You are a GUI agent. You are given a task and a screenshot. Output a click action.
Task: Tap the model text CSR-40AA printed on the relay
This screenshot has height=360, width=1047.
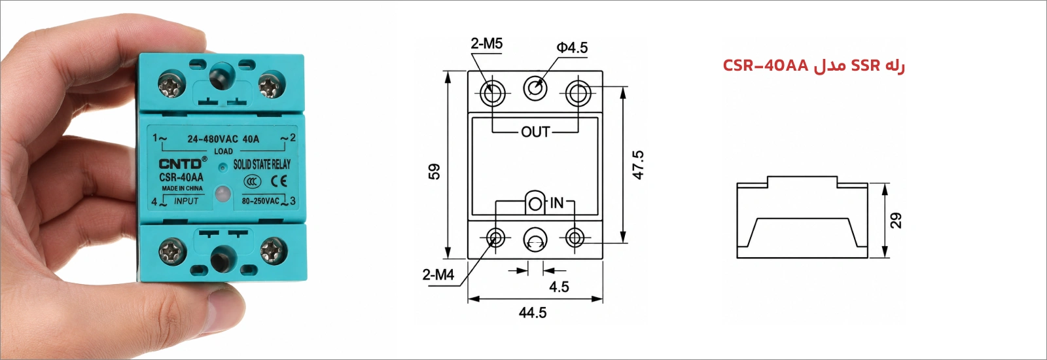tap(181, 177)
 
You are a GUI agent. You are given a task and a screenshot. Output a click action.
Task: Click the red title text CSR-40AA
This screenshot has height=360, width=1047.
tap(765, 66)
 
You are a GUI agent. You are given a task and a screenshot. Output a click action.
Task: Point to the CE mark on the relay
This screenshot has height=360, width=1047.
tap(279, 181)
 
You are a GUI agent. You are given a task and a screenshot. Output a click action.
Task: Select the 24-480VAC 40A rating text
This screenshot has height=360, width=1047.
tap(223, 139)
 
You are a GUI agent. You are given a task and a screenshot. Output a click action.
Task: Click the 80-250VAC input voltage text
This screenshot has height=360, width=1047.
tap(260, 201)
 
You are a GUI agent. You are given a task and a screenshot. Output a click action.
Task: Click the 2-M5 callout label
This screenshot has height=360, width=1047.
tap(487, 44)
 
